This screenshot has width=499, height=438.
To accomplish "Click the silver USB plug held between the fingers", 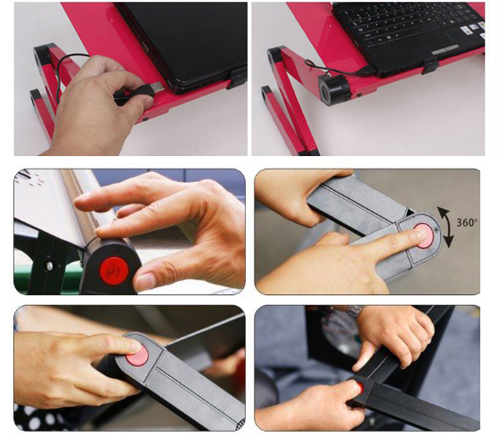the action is pyautogui.click(x=157, y=87).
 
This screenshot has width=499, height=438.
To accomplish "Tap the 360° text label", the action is pyautogui.click(x=467, y=222).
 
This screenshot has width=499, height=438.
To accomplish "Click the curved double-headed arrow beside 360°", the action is pyautogui.click(x=446, y=227).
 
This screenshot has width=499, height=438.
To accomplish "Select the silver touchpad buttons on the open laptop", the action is pyautogui.click(x=446, y=50).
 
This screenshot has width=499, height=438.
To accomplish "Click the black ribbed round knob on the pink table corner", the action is pyautogui.click(x=334, y=88).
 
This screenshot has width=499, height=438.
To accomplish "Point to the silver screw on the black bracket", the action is pyautogui.click(x=50, y=265).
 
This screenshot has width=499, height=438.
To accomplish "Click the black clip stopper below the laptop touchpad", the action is pyautogui.click(x=430, y=66).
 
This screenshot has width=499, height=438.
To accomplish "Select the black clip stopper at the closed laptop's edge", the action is pyautogui.click(x=238, y=78).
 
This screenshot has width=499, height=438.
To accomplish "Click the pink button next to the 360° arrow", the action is pyautogui.click(x=424, y=236).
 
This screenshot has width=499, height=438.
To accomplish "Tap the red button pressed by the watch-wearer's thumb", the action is pyautogui.click(x=360, y=387).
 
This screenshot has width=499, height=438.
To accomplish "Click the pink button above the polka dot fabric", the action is pyautogui.click(x=137, y=356).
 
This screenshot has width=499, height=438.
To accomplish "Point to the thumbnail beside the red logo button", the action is pyautogui.click(x=144, y=281).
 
